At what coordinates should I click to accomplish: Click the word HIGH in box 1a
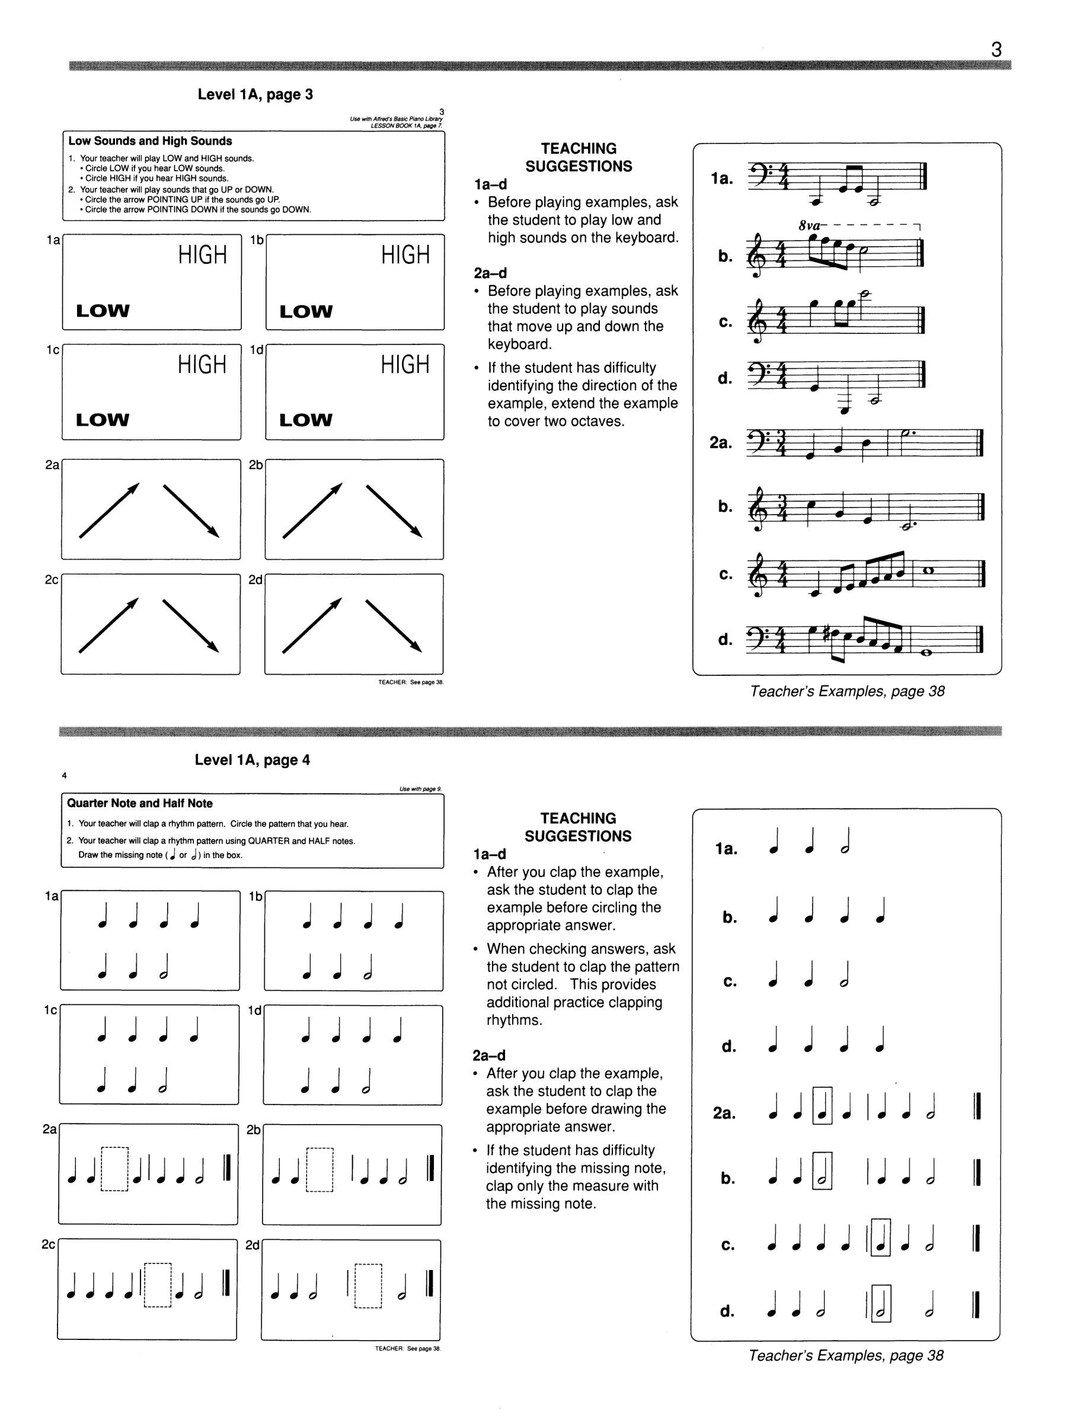click(x=203, y=256)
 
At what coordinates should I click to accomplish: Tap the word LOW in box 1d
click(x=305, y=420)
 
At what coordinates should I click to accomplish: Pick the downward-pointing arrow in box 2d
click(x=394, y=626)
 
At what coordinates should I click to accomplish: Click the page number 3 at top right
click(x=996, y=50)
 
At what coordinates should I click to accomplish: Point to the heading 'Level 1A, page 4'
click(x=252, y=760)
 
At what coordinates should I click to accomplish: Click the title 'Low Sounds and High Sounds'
click(x=150, y=141)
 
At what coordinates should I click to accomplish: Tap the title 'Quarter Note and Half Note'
click(x=139, y=803)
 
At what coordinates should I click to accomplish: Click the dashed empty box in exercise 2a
click(x=115, y=1170)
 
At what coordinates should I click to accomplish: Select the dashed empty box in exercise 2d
click(x=368, y=1286)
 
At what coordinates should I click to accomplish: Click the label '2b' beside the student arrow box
click(x=256, y=464)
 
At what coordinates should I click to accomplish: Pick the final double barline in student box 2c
click(x=226, y=1284)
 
